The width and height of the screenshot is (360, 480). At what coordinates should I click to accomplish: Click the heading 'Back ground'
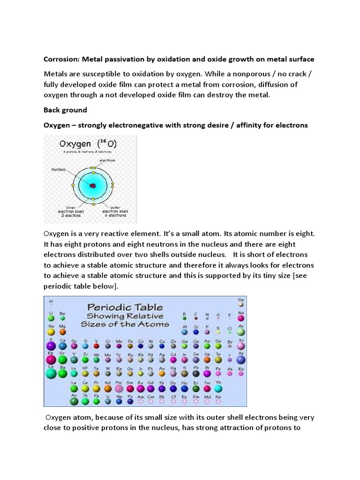click(x=65, y=110)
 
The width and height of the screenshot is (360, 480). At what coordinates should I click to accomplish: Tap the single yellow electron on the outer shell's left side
click(x=73, y=186)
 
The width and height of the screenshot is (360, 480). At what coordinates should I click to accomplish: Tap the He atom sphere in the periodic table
click(x=241, y=304)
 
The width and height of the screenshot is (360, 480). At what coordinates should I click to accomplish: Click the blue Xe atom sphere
click(x=241, y=360)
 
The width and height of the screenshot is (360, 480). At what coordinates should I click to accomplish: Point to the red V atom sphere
click(x=97, y=346)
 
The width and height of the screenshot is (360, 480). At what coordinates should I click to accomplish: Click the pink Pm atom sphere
click(x=119, y=389)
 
